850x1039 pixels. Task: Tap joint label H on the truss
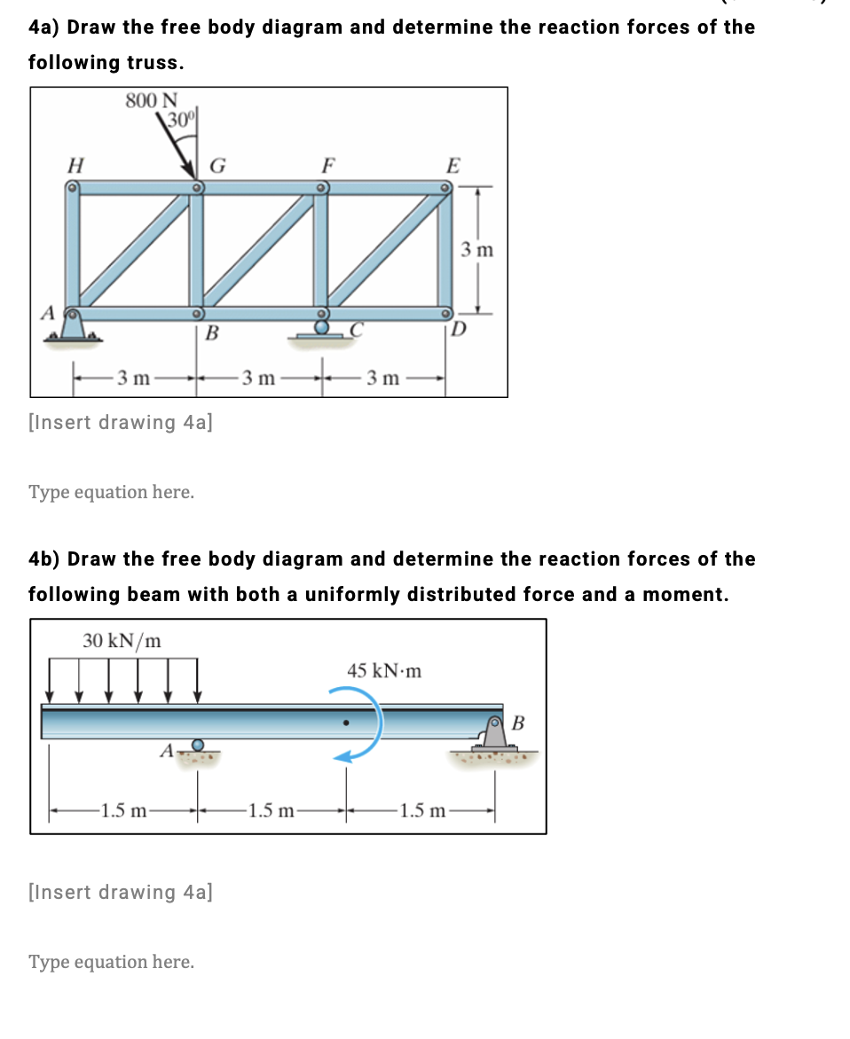click(76, 164)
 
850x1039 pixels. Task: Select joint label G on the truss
click(217, 165)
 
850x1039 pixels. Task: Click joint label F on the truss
click(328, 165)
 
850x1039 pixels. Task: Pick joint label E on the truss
click(453, 165)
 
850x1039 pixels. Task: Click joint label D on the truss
click(458, 331)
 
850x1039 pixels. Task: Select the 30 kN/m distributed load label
click(122, 641)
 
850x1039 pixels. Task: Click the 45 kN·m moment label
click(384, 670)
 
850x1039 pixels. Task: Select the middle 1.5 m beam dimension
click(273, 809)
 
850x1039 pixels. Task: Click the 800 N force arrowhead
click(190, 173)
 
